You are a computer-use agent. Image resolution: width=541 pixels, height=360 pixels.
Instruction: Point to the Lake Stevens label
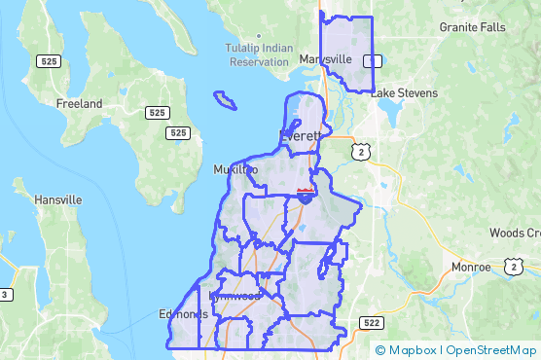click(404, 93)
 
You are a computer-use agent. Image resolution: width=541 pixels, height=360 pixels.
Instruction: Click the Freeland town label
click(80, 103)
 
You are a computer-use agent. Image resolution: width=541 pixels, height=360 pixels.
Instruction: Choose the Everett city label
click(300, 136)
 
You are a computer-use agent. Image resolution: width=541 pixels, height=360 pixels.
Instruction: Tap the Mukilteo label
click(235, 170)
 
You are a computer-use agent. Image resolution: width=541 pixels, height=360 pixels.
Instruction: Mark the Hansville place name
click(58, 199)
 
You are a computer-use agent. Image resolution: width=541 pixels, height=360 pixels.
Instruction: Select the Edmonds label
click(184, 314)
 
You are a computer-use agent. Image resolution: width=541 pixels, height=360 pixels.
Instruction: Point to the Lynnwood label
click(234, 296)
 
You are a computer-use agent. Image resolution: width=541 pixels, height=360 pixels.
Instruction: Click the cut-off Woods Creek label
click(514, 234)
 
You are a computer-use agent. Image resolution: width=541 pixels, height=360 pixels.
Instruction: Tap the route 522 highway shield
click(369, 321)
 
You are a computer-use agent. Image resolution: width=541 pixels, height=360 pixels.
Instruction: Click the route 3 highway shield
click(5, 295)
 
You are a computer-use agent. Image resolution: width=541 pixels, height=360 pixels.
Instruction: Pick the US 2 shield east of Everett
click(362, 152)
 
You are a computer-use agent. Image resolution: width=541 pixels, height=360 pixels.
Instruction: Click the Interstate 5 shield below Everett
click(305, 197)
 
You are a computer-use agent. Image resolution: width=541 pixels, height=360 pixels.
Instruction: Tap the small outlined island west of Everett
click(226, 99)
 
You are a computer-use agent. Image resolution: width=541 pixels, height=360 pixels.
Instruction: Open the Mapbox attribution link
click(407, 350)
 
